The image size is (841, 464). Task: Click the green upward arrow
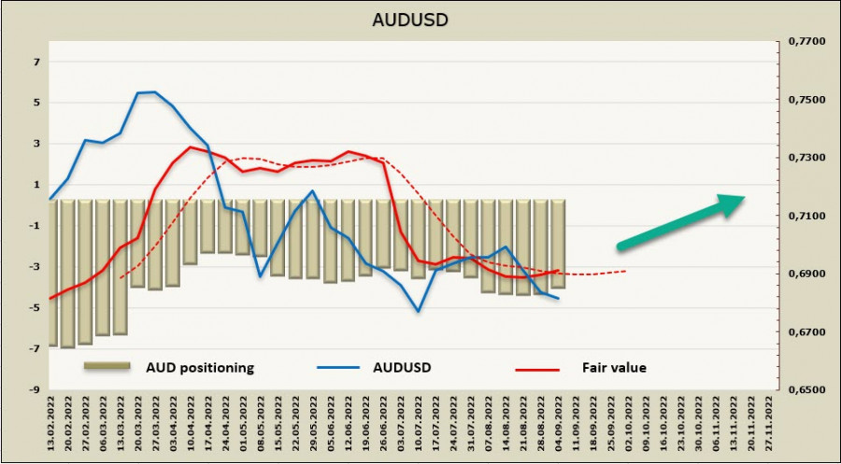click(x=680, y=222)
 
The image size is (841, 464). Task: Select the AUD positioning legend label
click(x=198, y=367)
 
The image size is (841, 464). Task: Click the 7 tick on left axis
click(x=36, y=63)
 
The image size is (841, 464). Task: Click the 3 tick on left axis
click(x=36, y=144)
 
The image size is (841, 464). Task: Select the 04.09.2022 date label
click(x=559, y=422)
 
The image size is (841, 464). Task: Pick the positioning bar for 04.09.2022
click(x=558, y=244)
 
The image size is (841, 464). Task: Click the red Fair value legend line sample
click(x=538, y=368)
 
